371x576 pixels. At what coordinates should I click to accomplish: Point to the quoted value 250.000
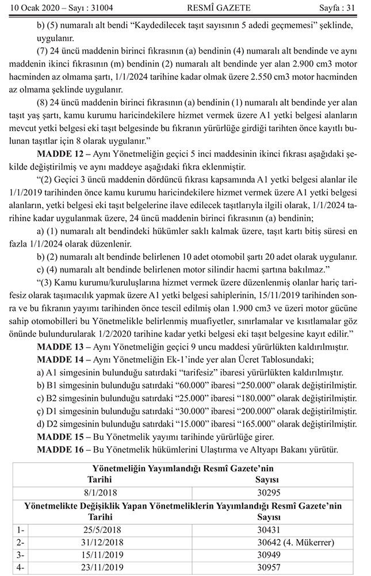pos(244,385)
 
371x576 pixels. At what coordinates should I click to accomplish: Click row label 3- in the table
pos(21,555)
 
